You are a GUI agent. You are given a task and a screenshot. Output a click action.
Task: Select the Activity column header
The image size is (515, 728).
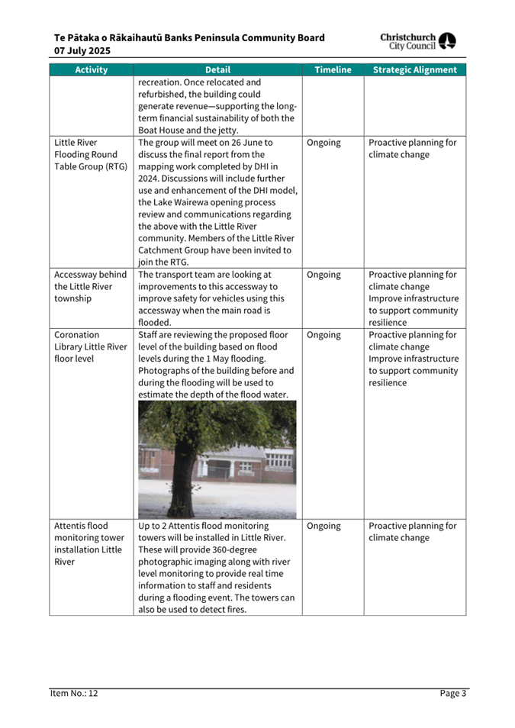click(91, 69)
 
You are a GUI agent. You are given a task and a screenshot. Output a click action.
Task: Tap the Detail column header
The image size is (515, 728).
click(217, 69)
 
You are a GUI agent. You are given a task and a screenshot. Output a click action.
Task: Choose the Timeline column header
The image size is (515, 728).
click(333, 69)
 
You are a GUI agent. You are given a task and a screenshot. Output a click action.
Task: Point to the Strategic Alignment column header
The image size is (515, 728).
click(414, 69)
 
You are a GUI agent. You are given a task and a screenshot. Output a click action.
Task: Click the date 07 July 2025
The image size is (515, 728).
click(82, 50)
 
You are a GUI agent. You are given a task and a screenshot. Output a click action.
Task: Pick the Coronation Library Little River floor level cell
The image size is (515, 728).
click(90, 346)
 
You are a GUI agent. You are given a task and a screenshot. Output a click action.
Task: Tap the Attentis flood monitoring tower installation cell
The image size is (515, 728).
click(90, 544)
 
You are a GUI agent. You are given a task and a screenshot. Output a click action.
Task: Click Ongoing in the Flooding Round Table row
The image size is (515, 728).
click(323, 143)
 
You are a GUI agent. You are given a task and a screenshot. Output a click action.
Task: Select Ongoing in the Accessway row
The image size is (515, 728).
click(323, 275)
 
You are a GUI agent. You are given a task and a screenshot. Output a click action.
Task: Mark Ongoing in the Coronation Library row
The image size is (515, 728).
click(323, 334)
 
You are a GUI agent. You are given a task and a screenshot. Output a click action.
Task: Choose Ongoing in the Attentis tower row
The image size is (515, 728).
click(323, 526)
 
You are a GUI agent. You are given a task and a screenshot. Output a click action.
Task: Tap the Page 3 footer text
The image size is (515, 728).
click(452, 694)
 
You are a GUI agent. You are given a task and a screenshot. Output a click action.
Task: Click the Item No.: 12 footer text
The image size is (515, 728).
click(74, 694)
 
